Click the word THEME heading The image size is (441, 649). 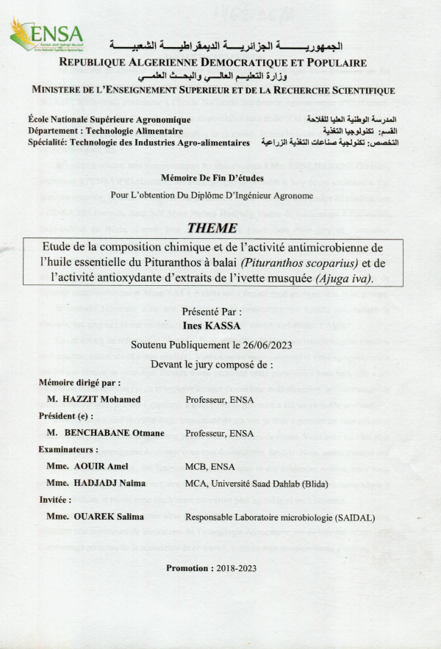213,228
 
